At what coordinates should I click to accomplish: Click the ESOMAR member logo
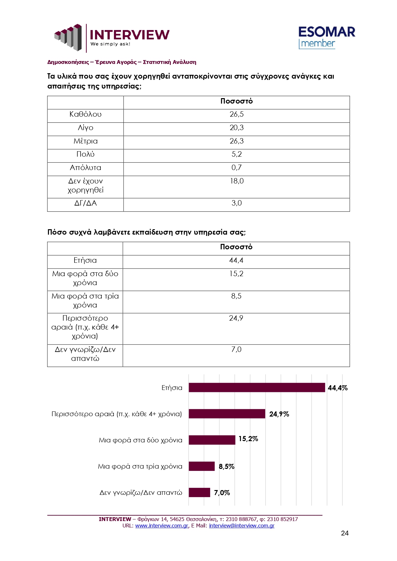pyautogui.click(x=326, y=37)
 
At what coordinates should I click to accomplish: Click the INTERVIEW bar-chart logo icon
pyautogui.click(x=68, y=37)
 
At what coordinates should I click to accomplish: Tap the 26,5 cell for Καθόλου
pyautogui.click(x=236, y=114)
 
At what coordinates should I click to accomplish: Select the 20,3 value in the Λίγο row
pyautogui.click(x=236, y=128)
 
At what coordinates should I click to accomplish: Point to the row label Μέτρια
pyautogui.click(x=85, y=141)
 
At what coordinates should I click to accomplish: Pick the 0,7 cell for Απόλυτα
pyautogui.click(x=236, y=168)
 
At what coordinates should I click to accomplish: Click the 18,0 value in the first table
pyautogui.click(x=236, y=181)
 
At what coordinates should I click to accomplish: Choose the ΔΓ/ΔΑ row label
pyautogui.click(x=85, y=203)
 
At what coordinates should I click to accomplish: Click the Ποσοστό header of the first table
pyautogui.click(x=236, y=101)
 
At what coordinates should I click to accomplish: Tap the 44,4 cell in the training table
pyautogui.click(x=236, y=261)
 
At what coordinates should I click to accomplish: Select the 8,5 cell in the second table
pyautogui.click(x=236, y=296)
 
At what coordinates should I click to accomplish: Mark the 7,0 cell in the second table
pyautogui.click(x=236, y=350)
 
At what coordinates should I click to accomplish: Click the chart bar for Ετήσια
pyautogui.click(x=257, y=387)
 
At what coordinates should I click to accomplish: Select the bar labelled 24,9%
pyautogui.click(x=227, y=414)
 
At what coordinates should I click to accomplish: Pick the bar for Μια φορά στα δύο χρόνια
pyautogui.click(x=212, y=440)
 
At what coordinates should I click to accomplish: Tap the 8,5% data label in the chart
pyautogui.click(x=226, y=467)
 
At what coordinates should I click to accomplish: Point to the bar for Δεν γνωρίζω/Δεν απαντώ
pyautogui.click(x=199, y=492)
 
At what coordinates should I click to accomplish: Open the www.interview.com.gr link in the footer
pyautogui.click(x=162, y=526)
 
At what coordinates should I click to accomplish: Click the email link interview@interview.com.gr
pyautogui.click(x=242, y=526)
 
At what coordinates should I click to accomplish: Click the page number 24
pyautogui.click(x=345, y=533)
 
